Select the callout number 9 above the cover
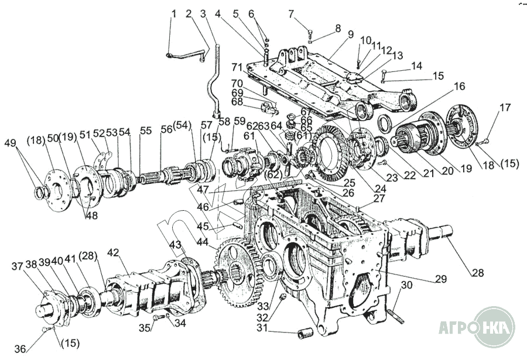[350, 35]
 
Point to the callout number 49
[10, 143]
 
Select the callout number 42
[113, 253]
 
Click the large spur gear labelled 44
[238, 269]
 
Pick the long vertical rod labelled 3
[213, 76]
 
